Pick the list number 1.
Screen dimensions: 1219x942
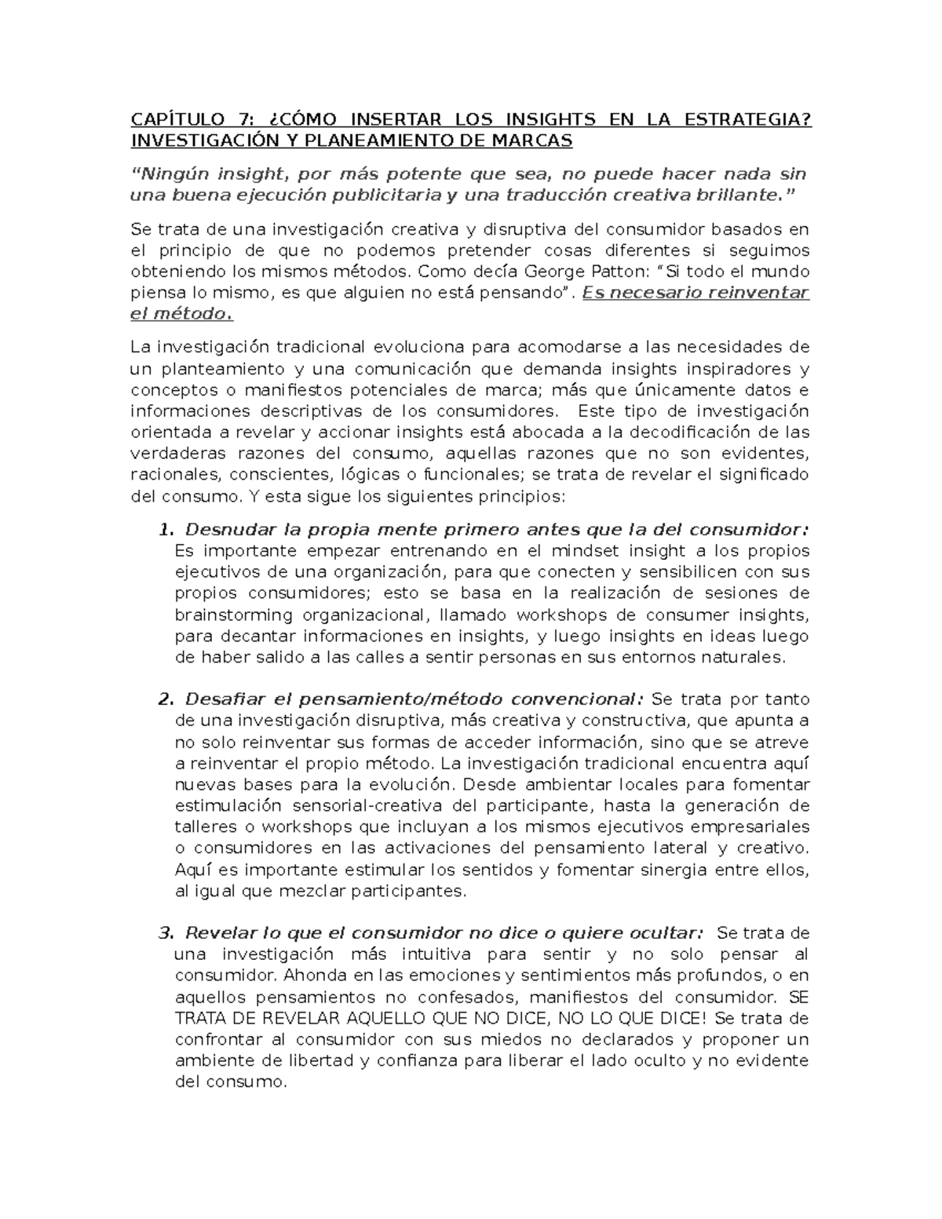164,530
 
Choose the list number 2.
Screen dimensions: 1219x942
164,699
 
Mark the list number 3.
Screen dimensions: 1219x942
164,933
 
